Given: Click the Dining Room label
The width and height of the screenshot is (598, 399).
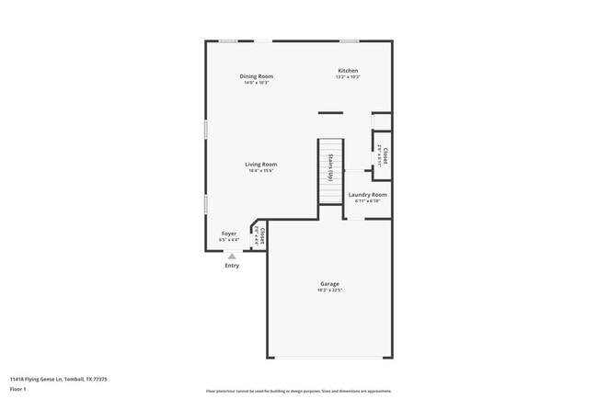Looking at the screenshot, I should click(x=256, y=76).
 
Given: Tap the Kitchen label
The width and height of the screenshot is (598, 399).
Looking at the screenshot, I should click(x=348, y=71).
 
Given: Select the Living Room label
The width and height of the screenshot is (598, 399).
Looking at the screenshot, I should click(x=260, y=164).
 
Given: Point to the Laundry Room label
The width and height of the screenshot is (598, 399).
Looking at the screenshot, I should click(x=367, y=195).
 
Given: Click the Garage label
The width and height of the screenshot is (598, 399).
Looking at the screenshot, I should click(x=329, y=284).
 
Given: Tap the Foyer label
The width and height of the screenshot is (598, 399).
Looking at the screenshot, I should click(x=229, y=234).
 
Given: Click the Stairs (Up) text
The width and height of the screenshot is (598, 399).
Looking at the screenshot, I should click(x=330, y=165).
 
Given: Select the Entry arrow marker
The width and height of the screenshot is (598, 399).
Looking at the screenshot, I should click(x=232, y=256).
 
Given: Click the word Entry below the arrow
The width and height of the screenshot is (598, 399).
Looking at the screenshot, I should click(x=232, y=266).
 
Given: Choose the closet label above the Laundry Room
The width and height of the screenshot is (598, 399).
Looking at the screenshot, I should click(x=384, y=155).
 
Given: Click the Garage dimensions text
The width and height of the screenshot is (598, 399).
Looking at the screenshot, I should click(x=329, y=291).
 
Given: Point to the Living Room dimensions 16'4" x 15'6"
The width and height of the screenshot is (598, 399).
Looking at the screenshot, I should click(x=260, y=170).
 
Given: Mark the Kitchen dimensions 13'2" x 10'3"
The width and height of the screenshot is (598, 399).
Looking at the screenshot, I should click(x=348, y=77).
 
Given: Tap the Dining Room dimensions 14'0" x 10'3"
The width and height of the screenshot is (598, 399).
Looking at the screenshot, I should click(x=256, y=83).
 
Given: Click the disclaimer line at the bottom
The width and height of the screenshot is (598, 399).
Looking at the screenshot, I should click(x=298, y=390).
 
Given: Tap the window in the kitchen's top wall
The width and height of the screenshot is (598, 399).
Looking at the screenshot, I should click(x=349, y=40).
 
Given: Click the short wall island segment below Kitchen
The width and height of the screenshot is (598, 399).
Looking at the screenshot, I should click(x=330, y=113).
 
